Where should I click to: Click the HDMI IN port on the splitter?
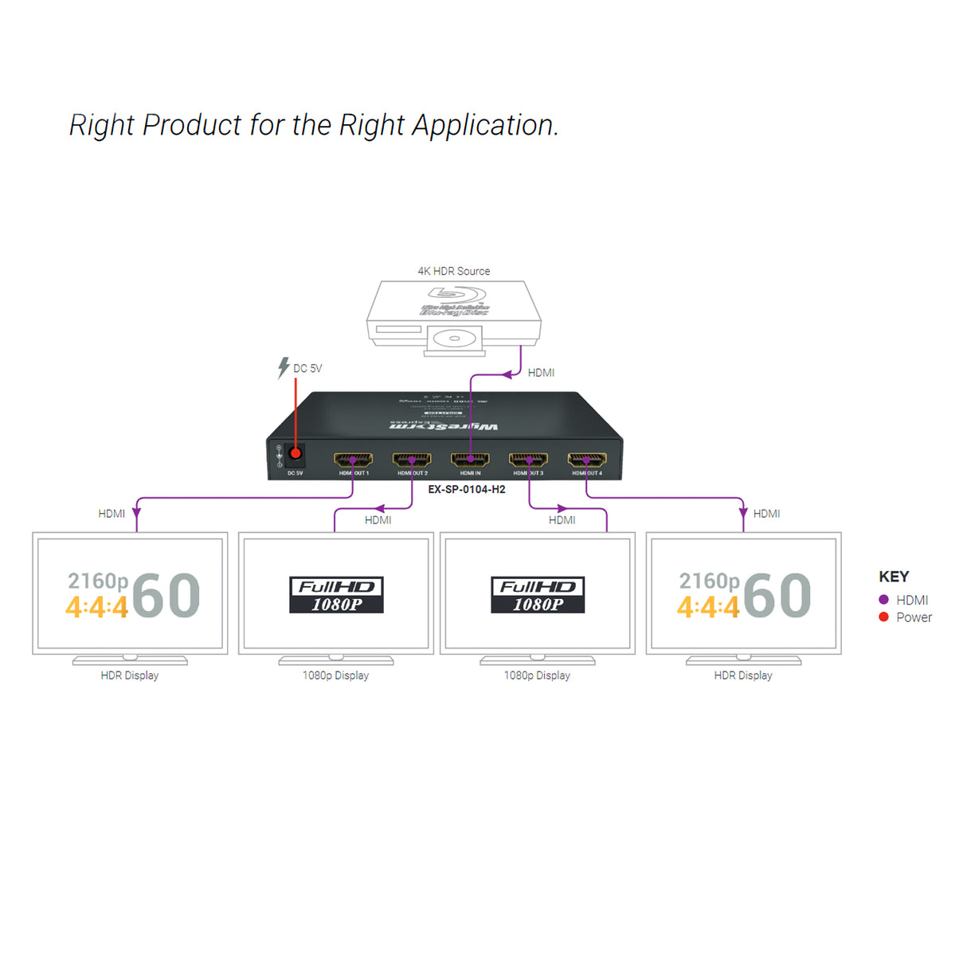pos(470,460)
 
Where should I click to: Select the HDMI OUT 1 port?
pos(353,460)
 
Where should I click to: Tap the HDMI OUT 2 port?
pos(412,460)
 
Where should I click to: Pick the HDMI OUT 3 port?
pos(528,460)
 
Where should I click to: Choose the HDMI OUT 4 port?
pos(587,460)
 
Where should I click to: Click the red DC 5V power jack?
pos(296,453)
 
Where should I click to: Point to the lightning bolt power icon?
pos(283,367)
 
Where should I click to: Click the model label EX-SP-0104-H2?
pos(467,490)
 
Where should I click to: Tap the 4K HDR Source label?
pos(454,272)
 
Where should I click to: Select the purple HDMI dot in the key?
pos(883,600)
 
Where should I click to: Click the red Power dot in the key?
pos(883,617)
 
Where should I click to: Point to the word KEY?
pos(894,577)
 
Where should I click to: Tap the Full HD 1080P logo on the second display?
pos(336,595)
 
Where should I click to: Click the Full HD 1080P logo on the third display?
pos(538,595)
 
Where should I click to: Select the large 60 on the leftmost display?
pos(166,596)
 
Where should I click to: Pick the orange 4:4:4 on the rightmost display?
pos(708,608)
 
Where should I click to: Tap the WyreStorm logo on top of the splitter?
pos(444,427)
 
